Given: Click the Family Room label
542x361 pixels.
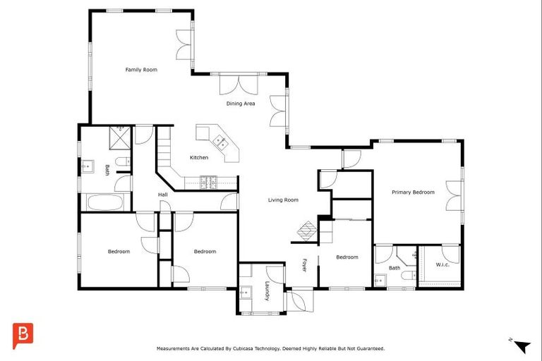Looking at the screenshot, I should point(141,70).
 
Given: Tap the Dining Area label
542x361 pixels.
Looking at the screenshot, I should point(240,104).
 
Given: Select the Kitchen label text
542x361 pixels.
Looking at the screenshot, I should point(198,157).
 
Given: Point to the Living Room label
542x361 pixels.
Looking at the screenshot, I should point(283,200).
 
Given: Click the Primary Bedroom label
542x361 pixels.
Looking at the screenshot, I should point(413,192).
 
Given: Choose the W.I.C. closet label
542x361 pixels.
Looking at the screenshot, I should point(442,265).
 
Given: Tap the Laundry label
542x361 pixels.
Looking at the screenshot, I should point(267,291).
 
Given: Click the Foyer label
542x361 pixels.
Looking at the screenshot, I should point(306,265).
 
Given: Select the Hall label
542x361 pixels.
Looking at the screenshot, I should point(162,195).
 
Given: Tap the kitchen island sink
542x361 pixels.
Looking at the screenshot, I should point(220,141).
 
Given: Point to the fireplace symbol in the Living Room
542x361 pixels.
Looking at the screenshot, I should point(306,231).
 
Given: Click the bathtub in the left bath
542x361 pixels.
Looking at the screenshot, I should point(104,202).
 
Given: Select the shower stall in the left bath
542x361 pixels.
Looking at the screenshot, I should point(119,136).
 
